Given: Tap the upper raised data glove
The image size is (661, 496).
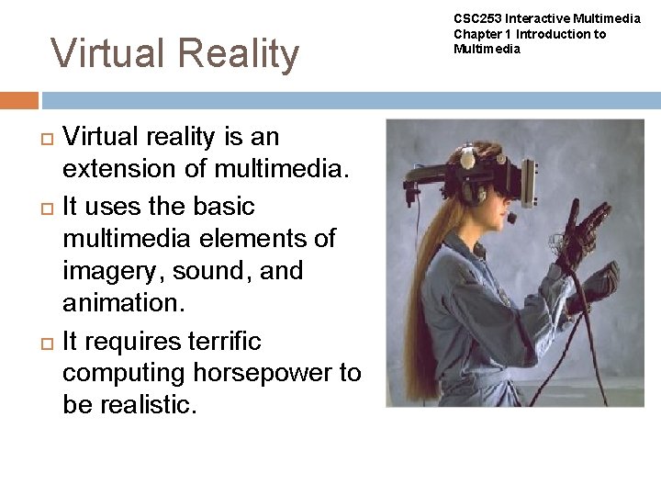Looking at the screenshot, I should click(x=585, y=230).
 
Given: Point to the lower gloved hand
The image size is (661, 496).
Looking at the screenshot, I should click(x=595, y=283).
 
